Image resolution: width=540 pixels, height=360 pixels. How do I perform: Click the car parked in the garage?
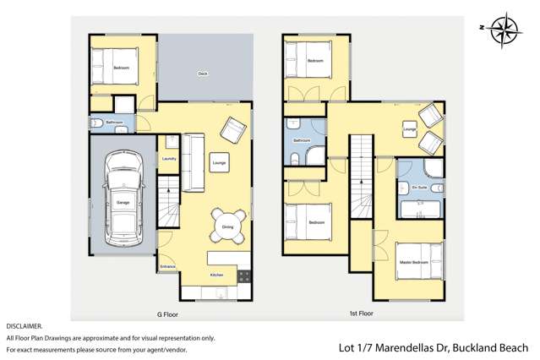click(x=123, y=196)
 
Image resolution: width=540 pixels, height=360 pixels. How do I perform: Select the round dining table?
click(x=226, y=222)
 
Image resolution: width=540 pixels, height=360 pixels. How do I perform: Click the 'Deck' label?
click(x=203, y=74)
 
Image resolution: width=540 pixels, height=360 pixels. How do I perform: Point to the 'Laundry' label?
click(x=168, y=158)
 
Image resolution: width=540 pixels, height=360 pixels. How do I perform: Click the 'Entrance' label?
click(x=168, y=268)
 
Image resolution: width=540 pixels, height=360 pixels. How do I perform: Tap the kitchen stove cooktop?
click(x=244, y=275)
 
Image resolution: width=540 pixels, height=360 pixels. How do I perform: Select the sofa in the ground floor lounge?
click(x=193, y=161)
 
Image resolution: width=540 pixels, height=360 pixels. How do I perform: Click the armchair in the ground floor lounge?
click(x=232, y=129)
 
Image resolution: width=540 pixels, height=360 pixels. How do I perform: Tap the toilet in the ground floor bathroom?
click(x=98, y=123)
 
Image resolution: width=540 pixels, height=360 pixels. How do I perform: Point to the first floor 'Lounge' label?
click(x=409, y=129)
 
